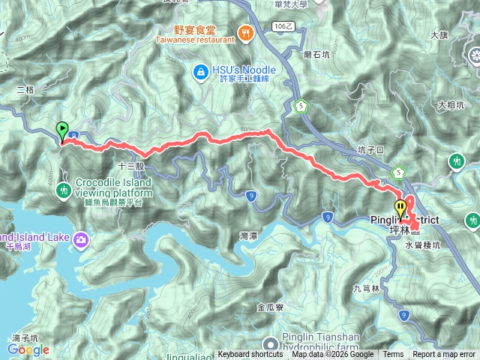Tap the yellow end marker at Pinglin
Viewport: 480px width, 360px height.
(400, 208)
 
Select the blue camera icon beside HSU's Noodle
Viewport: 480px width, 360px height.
(200, 72)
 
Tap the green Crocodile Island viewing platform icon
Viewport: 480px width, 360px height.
(64, 190)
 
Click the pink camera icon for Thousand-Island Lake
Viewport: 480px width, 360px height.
(80, 239)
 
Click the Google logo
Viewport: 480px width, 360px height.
(28, 349)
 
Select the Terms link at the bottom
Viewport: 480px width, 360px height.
(393, 355)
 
